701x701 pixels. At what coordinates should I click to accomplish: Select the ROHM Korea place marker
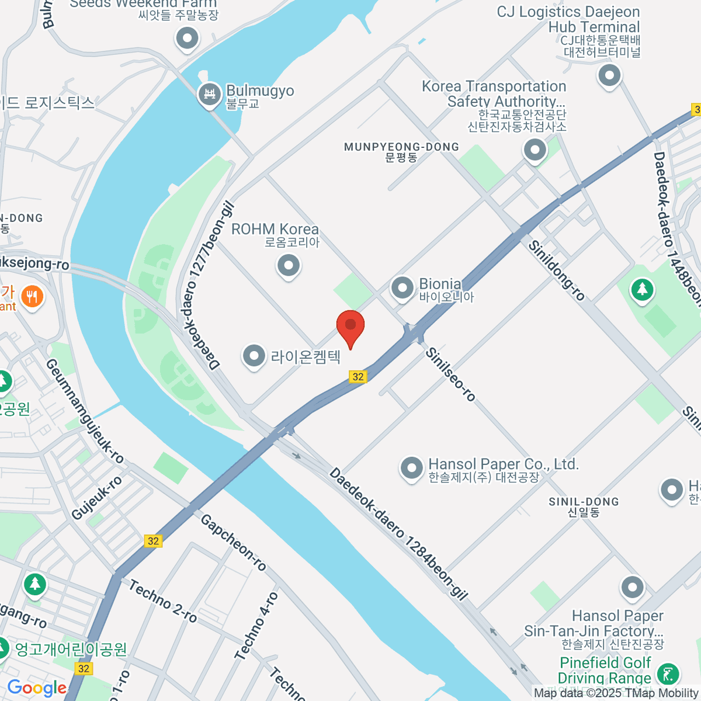coord(288,266)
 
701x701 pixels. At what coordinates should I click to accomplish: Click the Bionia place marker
coord(402,288)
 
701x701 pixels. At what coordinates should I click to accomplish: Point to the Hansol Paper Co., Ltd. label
coord(503,464)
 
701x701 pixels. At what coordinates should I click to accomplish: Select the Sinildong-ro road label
coord(556,270)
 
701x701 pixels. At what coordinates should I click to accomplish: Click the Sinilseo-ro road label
coord(450,374)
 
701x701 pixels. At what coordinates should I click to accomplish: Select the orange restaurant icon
coord(32,297)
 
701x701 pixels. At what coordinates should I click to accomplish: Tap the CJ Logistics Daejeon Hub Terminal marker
coord(609,75)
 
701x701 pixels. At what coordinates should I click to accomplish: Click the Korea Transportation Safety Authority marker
coord(535,150)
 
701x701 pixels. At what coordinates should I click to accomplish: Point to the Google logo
coord(37,688)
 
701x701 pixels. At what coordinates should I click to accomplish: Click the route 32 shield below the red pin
coord(358,377)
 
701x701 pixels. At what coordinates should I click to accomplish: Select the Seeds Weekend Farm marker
coord(188,39)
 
